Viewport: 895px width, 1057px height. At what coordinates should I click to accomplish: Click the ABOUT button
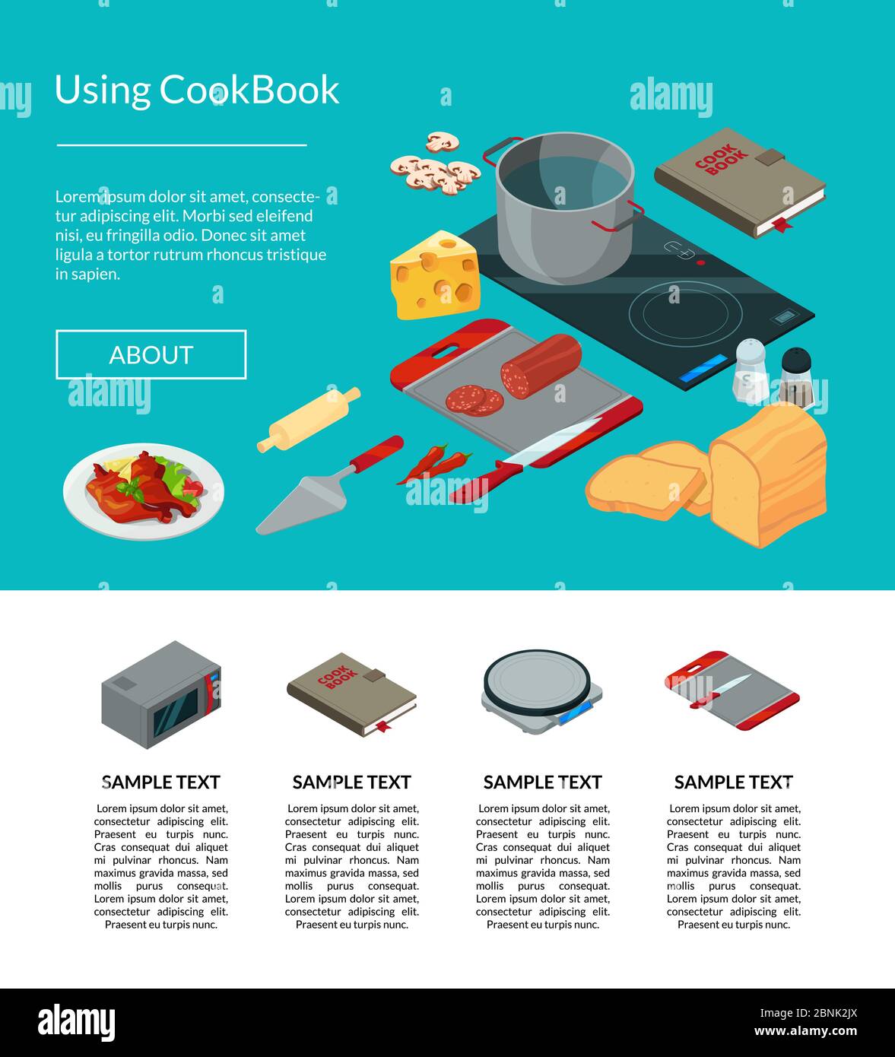[151, 354]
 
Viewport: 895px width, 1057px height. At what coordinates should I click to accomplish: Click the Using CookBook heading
[196, 90]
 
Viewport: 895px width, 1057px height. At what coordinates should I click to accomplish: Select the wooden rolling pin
[308, 419]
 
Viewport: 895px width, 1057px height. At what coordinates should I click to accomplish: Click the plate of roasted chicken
[143, 490]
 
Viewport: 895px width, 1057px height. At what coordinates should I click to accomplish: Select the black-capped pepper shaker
[795, 378]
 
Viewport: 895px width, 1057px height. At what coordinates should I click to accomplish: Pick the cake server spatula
[327, 487]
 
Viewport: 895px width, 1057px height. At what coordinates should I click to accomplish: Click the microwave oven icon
[161, 694]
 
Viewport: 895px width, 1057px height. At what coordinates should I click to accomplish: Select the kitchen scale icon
[541, 691]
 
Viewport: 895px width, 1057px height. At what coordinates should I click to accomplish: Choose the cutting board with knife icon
[732, 690]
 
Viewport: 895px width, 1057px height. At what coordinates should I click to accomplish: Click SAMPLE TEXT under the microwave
[161, 782]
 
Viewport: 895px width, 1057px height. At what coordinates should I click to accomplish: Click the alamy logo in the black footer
[77, 1023]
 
